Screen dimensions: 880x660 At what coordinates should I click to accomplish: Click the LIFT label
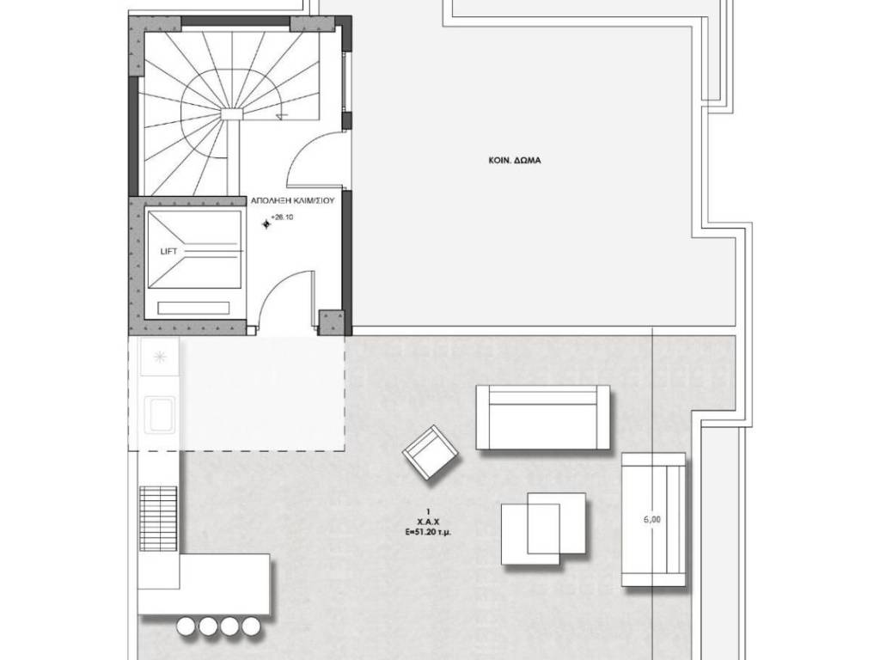tap(169, 252)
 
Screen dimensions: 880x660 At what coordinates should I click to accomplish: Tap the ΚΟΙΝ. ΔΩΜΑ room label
tap(515, 161)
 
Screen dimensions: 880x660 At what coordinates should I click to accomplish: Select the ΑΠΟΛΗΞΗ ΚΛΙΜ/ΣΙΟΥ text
tap(292, 200)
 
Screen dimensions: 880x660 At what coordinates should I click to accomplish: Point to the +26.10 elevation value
tap(282, 217)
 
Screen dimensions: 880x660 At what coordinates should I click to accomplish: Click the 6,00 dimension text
tap(651, 520)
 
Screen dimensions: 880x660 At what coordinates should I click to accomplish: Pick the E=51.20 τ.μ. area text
tap(428, 531)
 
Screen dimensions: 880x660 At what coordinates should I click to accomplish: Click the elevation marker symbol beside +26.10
tap(266, 224)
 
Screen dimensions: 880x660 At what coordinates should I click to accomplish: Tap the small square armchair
tap(431, 452)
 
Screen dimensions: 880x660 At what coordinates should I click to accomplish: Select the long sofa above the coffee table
tap(543, 417)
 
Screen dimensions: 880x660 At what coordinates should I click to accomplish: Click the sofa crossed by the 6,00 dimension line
tap(653, 519)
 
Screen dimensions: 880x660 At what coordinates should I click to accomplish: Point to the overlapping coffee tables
tap(543, 529)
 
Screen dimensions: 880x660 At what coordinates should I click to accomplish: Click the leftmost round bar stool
tap(186, 626)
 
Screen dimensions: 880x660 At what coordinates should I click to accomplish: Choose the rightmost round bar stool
tap(252, 626)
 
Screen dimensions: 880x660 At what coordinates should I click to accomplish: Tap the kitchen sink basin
tap(160, 415)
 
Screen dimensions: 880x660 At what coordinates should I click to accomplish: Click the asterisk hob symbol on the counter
tap(160, 356)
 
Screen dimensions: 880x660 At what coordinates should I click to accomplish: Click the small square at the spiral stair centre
tap(231, 114)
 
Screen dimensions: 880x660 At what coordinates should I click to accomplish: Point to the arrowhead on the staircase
tap(282, 116)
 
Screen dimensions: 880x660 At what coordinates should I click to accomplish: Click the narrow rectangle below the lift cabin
tap(193, 309)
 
